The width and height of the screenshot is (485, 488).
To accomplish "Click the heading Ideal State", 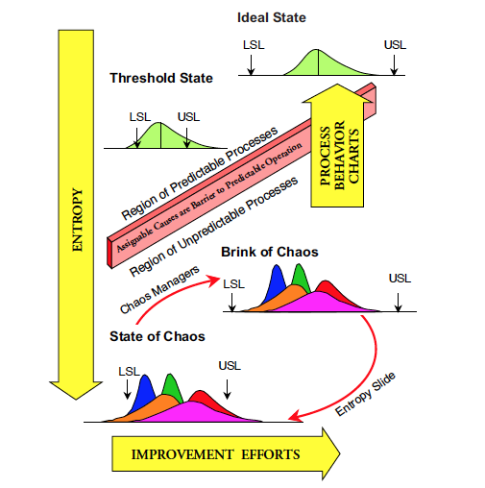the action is (272, 17).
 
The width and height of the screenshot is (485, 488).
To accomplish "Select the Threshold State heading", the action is (161, 78).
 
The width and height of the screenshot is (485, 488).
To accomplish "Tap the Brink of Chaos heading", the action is (270, 252).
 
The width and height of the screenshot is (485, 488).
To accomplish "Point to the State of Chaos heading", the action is (158, 336).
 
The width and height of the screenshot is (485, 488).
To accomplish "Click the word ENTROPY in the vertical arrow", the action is (77, 220).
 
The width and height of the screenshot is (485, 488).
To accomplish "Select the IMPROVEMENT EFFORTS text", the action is (215, 454).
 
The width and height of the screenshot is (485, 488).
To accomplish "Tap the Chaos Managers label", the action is (159, 290).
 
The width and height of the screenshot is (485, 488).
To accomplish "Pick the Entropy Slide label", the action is (365, 394).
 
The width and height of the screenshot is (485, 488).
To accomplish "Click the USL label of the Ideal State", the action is (395, 45).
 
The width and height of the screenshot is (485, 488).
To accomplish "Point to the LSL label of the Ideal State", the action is (254, 45).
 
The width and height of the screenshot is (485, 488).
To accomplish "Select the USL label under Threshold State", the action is (188, 117).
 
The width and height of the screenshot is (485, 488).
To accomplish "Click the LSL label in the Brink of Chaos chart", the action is (233, 284).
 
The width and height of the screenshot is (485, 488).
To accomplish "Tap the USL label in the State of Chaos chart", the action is (230, 366).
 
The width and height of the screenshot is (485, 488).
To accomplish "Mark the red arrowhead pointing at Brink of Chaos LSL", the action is (214, 281).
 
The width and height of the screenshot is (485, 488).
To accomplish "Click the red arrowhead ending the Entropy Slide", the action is (295, 416).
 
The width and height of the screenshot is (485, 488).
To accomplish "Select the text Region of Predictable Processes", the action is (200, 173).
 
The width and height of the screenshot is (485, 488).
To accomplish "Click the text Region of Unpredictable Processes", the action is (213, 227).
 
